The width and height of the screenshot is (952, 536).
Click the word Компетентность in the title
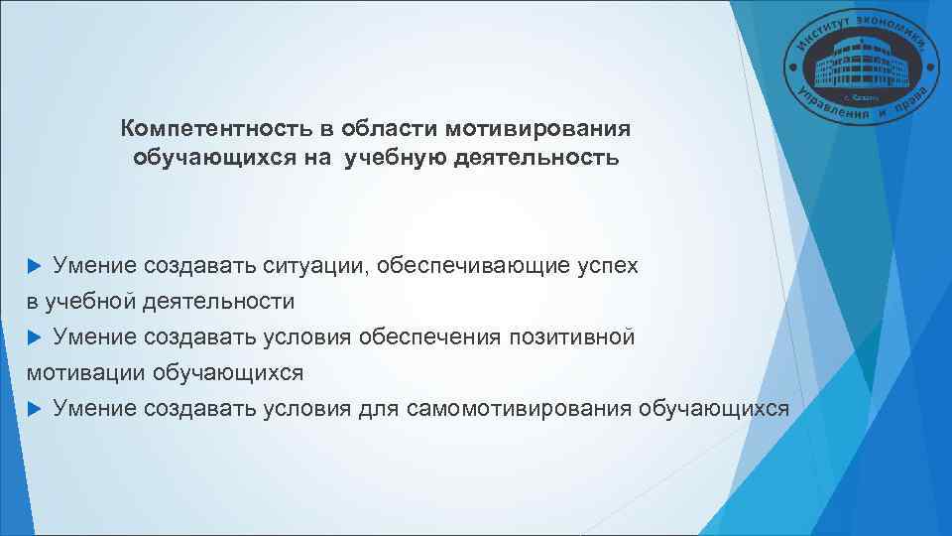pos(210,130)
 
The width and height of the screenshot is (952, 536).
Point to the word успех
pos(608,266)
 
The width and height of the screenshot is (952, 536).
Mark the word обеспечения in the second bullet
pos(429,337)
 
